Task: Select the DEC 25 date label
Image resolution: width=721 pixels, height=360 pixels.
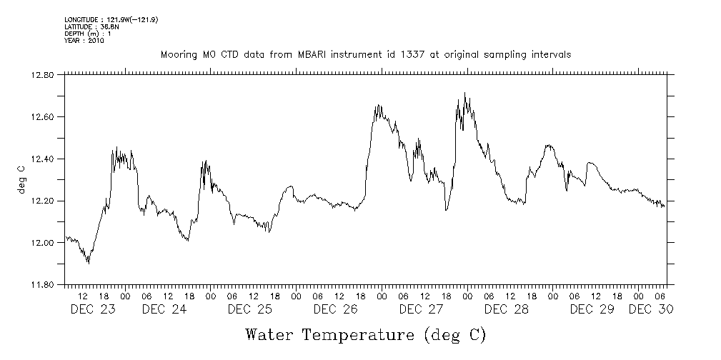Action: pos(249,309)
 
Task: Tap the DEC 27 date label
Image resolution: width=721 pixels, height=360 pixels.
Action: pos(421,309)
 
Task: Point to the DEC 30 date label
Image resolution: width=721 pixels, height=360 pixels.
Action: pos(650,309)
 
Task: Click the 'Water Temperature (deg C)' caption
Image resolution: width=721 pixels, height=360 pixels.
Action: pos(366,335)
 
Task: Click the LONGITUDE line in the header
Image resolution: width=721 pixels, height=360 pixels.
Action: pos(110,19)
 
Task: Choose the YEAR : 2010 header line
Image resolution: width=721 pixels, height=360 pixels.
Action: pos(84,41)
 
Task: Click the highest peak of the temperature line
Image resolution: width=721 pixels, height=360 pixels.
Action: pos(464,93)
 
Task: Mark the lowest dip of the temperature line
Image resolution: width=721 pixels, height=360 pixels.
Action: pos(88,263)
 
